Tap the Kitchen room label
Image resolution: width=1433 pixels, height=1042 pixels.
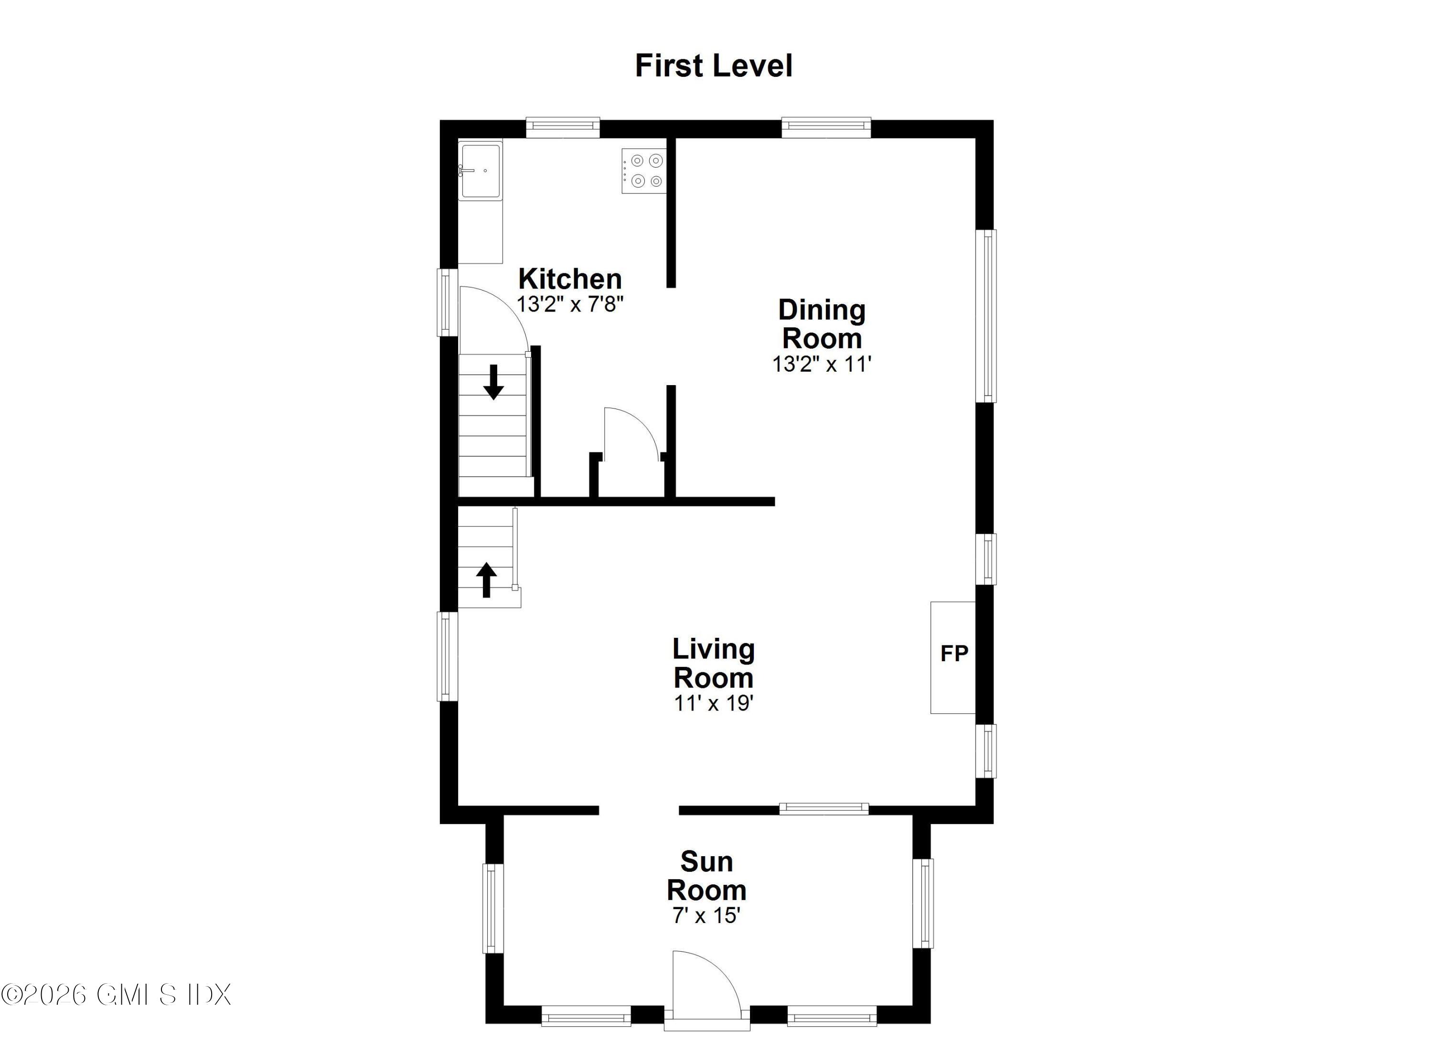click(x=570, y=279)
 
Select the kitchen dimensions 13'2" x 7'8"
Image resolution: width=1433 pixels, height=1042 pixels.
click(x=570, y=304)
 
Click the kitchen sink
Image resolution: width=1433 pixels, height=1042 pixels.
click(x=480, y=170)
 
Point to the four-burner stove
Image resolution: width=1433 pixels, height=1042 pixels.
click(x=644, y=171)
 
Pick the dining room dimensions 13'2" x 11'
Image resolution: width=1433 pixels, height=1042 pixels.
click(x=822, y=364)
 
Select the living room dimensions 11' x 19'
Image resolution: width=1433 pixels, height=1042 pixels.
click(x=713, y=703)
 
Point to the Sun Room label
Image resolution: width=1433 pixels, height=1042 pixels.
click(x=706, y=876)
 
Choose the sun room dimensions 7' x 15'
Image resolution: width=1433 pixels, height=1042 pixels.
click(x=706, y=915)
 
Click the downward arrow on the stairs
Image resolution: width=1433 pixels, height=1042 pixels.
click(x=493, y=382)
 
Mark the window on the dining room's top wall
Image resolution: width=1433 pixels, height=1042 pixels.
click(x=826, y=128)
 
